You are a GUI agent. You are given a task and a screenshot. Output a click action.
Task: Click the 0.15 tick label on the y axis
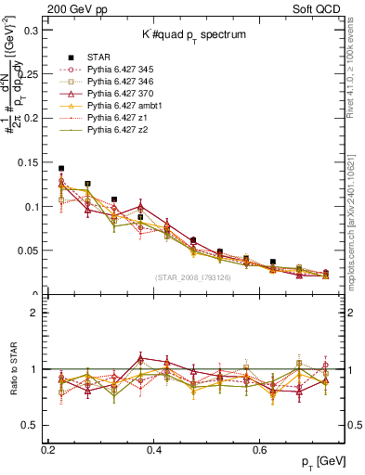[30, 162]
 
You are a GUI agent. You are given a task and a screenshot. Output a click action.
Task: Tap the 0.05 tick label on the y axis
[30, 250]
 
